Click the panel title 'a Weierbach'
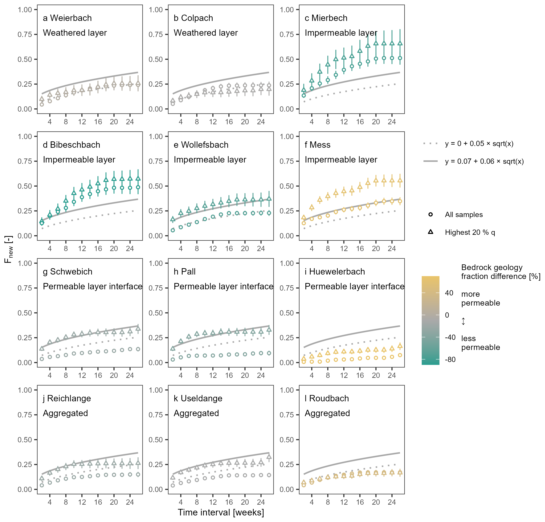[67, 18]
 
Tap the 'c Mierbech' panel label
[326, 18]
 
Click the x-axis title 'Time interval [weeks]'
[221, 512]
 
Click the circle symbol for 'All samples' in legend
[430, 215]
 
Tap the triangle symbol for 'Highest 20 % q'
[430, 232]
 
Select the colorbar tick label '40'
[449, 293]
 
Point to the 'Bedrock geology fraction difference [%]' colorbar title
[500, 272]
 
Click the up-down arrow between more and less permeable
[463, 321]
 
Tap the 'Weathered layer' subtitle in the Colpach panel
[206, 33]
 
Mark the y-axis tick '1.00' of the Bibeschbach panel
[25, 137]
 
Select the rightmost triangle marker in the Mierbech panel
[400, 43]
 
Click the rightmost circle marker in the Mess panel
[400, 201]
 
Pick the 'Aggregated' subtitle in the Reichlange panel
[65, 413]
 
